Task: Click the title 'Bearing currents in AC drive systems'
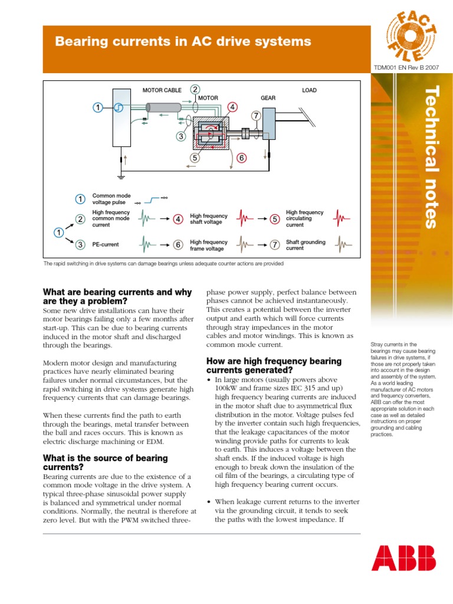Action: [182, 41]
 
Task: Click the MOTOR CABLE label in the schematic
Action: [162, 90]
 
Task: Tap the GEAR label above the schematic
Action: [268, 98]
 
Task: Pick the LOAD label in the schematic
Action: [309, 90]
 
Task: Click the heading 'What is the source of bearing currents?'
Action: [105, 462]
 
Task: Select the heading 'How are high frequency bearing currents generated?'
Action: [274, 365]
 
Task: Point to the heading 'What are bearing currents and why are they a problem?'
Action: [117, 296]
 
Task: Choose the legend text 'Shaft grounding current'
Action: [305, 245]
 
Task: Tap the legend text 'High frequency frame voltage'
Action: [208, 245]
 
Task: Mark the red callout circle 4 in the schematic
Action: [233, 107]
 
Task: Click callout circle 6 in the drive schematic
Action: [241, 157]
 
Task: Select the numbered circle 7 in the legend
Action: [274, 244]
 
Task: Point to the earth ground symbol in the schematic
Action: [121, 176]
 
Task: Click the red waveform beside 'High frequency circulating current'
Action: [343, 219]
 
